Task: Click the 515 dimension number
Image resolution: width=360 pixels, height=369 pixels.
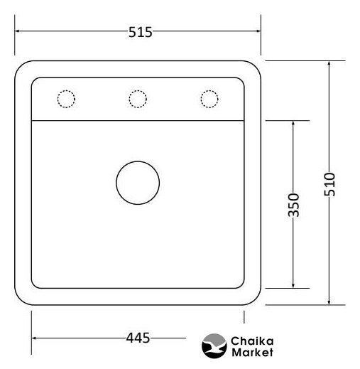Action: pos(140,32)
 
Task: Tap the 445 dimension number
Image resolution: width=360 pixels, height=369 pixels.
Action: pos(138,338)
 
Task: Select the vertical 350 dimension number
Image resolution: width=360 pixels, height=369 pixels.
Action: pos(293,205)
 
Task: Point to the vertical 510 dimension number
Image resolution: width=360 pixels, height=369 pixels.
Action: pos(329,184)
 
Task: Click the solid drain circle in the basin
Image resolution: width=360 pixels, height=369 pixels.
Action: pos(138,161)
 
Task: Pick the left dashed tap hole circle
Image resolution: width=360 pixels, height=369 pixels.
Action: pos(66,90)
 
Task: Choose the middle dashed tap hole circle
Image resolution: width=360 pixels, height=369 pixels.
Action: pos(138,90)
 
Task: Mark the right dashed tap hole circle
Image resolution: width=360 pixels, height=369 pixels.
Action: pos(209,90)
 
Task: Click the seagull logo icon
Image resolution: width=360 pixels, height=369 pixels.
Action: pos(214,346)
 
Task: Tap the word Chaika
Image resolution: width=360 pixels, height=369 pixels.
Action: pos(252,341)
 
